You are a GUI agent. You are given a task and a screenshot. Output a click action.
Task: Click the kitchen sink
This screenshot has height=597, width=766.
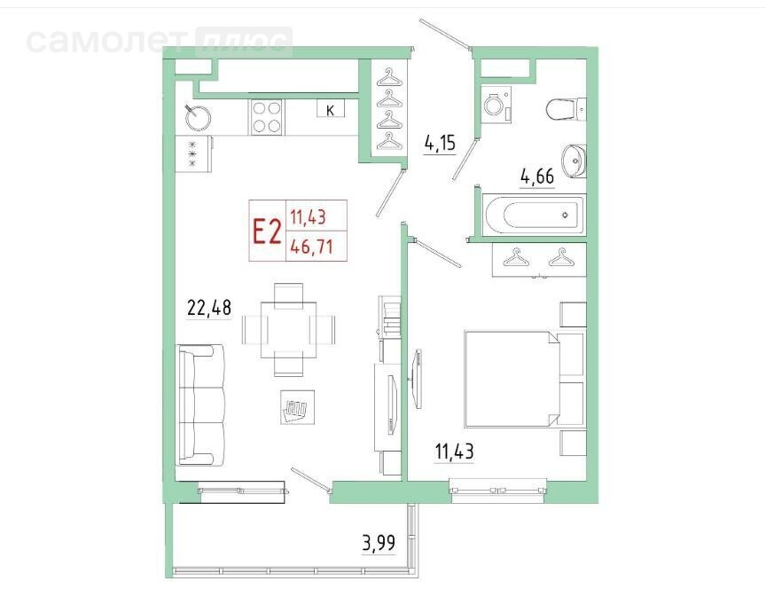198,117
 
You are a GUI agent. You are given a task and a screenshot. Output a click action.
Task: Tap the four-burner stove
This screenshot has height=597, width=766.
267,117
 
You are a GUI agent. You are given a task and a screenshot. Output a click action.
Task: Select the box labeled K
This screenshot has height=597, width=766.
330,108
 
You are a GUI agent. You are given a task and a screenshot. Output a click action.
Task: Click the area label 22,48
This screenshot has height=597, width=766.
209,309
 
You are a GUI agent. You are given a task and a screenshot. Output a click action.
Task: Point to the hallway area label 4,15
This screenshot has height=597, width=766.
440,144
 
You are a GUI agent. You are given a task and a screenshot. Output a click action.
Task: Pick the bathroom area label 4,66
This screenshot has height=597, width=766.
537,177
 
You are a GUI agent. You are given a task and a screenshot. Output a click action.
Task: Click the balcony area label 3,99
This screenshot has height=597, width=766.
379,543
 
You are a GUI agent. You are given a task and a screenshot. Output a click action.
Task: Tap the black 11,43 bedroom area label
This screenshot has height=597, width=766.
454,452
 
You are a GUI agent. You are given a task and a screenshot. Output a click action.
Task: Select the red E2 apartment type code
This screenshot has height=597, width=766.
267,232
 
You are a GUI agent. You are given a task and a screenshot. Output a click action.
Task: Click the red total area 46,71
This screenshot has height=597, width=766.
311,246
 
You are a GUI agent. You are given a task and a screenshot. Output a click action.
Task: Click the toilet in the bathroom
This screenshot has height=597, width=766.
567,109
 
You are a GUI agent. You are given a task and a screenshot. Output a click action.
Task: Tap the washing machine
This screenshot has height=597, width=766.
496,104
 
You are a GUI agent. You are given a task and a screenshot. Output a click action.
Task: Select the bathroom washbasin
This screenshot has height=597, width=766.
574,161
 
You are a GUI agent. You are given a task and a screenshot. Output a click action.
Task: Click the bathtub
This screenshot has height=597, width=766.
534,215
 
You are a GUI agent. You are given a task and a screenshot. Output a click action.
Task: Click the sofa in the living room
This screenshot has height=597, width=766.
200,405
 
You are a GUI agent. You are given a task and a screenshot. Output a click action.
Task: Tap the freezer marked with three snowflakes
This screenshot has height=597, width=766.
193,153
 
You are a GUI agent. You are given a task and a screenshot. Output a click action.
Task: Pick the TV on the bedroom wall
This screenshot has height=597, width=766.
417,378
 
